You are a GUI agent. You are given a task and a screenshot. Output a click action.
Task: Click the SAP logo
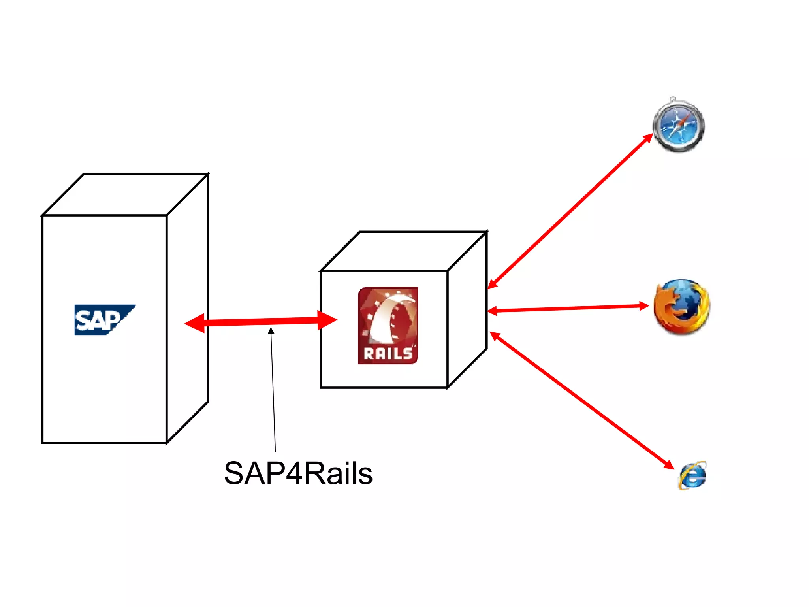[x=103, y=319]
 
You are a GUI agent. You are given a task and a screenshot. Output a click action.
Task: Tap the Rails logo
[x=388, y=325]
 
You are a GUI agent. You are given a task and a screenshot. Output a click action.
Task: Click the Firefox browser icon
[x=681, y=307]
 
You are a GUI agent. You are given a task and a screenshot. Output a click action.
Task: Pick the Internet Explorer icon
[x=692, y=476]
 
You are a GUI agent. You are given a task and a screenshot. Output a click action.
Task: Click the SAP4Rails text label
[x=298, y=473]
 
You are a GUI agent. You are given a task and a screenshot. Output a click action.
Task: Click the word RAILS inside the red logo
[x=388, y=353]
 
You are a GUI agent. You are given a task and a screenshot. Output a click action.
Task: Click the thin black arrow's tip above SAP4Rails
[x=271, y=330]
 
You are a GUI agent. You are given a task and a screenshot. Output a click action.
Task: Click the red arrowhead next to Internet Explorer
[x=668, y=465]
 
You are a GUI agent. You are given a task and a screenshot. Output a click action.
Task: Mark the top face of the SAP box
[x=126, y=194]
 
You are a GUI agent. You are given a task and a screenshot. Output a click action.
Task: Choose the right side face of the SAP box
[x=187, y=308]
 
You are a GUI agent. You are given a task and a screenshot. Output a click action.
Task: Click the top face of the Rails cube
[x=404, y=251]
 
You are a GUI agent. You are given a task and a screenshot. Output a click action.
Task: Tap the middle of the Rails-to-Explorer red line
[x=581, y=400]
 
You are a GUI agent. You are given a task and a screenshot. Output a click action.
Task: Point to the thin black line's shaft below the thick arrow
[x=273, y=391]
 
